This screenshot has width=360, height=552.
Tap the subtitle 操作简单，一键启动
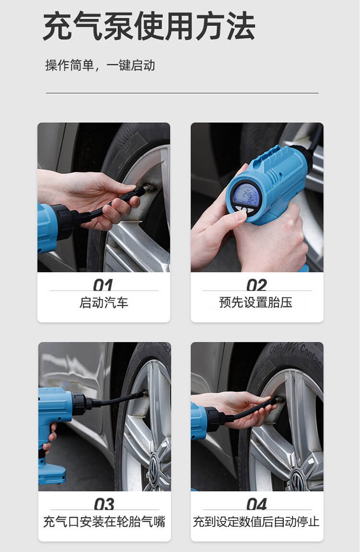click(x=100, y=65)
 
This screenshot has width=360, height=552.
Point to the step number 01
click(x=103, y=285)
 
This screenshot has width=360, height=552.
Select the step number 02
click(x=256, y=285)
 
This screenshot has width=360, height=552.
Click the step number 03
click(x=104, y=504)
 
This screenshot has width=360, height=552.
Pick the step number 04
click(x=257, y=504)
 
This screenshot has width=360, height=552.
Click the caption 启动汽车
click(x=104, y=303)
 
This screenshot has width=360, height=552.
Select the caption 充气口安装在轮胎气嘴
click(x=104, y=522)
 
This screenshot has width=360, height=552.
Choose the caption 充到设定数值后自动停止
click(x=256, y=522)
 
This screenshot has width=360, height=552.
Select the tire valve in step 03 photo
click(x=144, y=394)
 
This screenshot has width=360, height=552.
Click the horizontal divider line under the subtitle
click(x=182, y=93)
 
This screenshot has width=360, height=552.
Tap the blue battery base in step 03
click(x=52, y=473)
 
